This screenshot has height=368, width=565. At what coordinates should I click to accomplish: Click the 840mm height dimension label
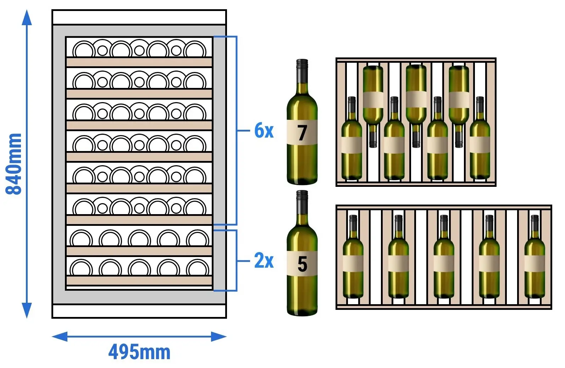click(13, 164)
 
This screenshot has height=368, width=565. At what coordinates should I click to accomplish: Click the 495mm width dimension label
click(139, 352)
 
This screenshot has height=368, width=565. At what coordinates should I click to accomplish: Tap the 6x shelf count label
click(264, 130)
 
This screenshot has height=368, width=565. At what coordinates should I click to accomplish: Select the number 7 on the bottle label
click(302, 133)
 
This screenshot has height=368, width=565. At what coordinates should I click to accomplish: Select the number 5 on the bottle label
click(302, 264)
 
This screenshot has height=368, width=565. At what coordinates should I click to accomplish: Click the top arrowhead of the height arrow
click(27, 18)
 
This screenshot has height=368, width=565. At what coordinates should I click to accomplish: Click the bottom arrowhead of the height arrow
click(27, 310)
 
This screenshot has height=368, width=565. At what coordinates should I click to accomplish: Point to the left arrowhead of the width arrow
click(60, 336)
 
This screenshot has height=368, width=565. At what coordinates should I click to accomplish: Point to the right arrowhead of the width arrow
click(219, 336)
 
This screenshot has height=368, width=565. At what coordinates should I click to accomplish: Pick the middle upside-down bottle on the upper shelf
click(416, 106)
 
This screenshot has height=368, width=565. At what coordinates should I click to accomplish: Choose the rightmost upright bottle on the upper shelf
click(480, 138)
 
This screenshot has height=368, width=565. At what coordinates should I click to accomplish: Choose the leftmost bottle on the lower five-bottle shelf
click(353, 257)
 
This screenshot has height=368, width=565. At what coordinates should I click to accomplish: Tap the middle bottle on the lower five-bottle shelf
click(444, 257)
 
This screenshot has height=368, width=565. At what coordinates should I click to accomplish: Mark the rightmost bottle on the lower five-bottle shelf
click(535, 257)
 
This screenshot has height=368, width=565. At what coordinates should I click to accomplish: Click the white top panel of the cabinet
click(139, 17)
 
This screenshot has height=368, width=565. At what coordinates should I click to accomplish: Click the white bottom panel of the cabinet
click(139, 311)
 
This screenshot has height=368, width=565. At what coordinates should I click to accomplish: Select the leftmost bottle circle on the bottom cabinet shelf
click(81, 267)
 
